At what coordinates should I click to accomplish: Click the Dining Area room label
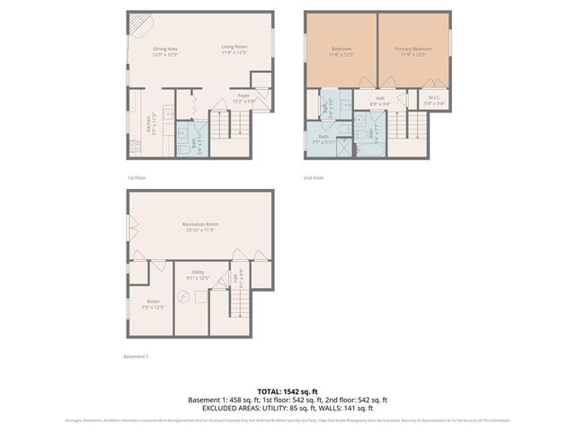click(164, 49)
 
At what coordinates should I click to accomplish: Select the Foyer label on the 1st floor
click(243, 94)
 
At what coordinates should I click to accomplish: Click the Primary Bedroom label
click(416, 49)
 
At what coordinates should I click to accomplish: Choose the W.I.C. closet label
click(433, 97)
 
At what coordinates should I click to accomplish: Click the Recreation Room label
click(199, 224)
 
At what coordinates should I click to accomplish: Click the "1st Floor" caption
click(136, 178)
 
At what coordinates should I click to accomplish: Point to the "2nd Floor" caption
click(313, 178)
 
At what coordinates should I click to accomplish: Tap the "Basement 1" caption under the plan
click(136, 356)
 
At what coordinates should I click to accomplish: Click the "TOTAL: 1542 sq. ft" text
click(287, 391)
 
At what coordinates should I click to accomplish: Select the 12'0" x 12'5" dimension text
click(164, 55)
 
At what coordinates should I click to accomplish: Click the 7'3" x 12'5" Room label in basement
click(153, 304)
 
